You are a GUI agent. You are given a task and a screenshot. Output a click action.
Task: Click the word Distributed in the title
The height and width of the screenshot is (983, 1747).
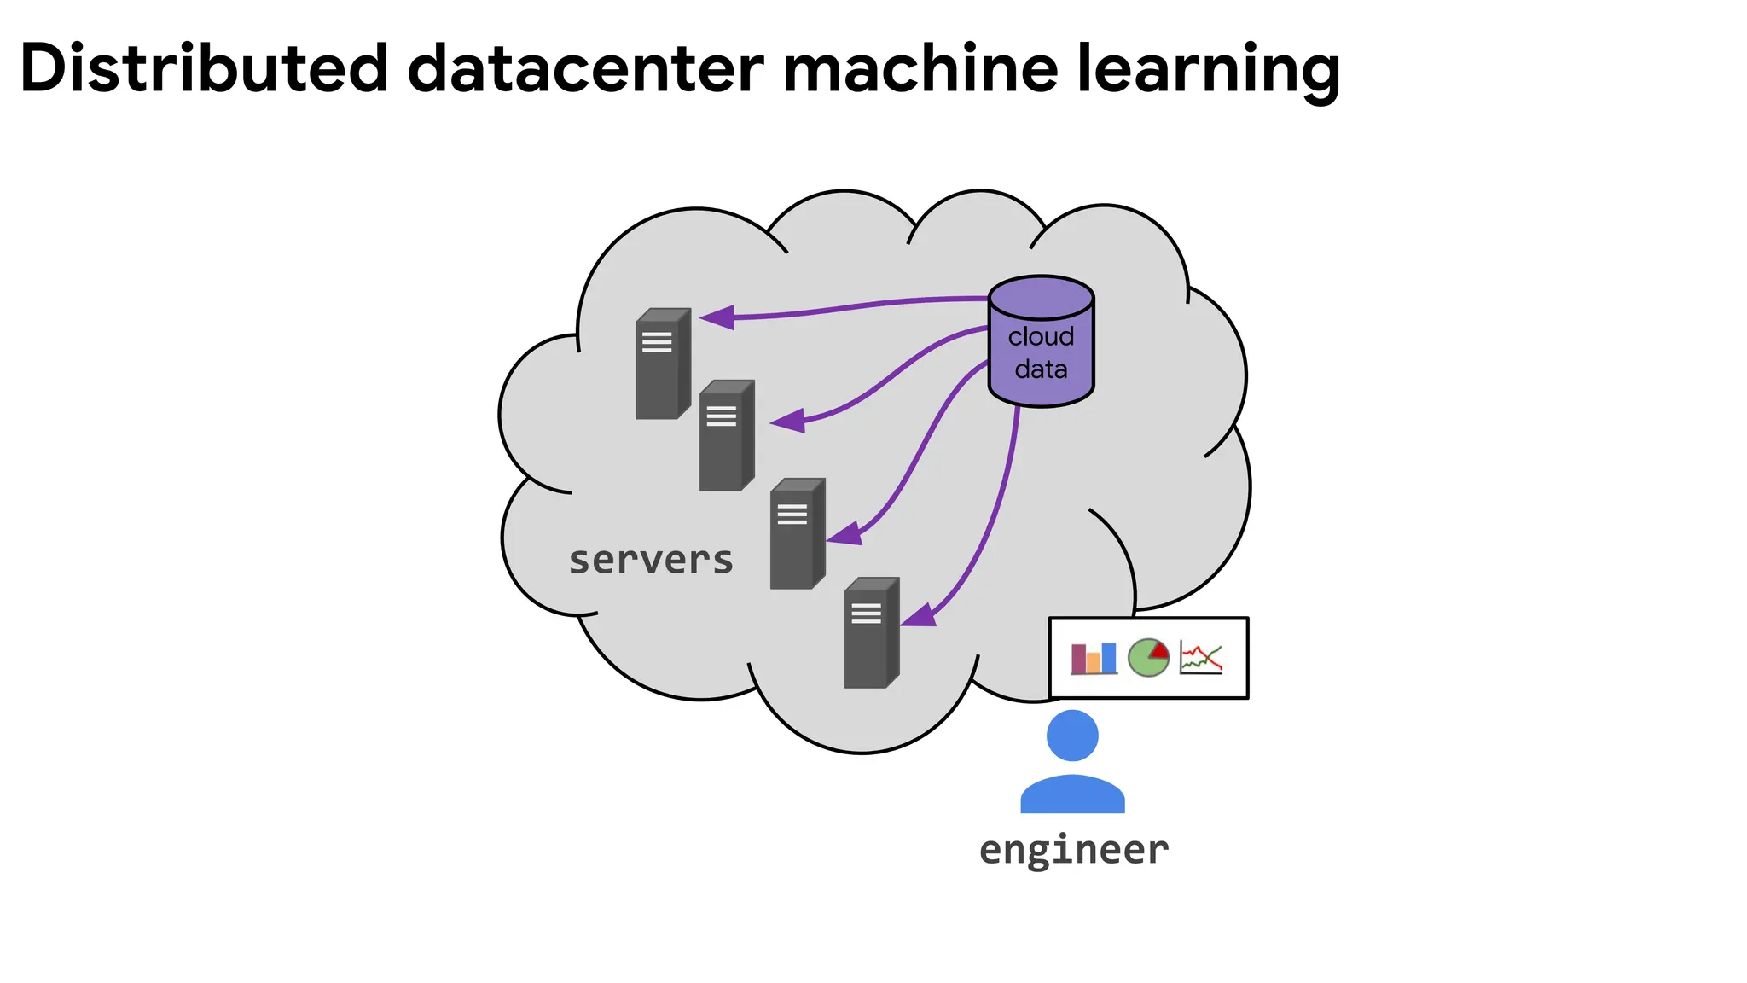203,68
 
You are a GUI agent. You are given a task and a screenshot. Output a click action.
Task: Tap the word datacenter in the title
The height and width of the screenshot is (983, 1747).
585,68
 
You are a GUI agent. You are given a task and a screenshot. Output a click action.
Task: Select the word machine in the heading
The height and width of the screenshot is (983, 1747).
920,68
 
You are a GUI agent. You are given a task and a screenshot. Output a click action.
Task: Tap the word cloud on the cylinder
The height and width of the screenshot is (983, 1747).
1041,336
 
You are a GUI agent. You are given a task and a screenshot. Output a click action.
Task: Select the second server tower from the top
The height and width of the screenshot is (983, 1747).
726,436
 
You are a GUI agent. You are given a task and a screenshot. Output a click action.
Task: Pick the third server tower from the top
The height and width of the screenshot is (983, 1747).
797,534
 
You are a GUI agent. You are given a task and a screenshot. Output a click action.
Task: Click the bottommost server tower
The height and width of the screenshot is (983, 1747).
871,633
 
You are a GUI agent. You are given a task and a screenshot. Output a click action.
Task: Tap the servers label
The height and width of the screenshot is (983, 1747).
651,561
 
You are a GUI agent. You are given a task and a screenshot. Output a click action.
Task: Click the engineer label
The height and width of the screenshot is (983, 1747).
1073,850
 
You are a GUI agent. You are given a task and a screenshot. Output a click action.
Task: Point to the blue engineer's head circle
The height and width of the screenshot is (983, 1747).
1072,736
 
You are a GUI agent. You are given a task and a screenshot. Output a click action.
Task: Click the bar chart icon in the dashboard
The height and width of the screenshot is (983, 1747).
1094,658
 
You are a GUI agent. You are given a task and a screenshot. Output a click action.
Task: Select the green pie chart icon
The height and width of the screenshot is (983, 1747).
1148,658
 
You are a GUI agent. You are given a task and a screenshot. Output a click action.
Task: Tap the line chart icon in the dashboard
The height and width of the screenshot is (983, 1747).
1201,658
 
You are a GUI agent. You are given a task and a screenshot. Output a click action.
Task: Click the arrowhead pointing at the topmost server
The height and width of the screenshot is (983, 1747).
718,317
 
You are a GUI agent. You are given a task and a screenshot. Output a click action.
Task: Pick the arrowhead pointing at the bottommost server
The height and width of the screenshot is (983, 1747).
920,615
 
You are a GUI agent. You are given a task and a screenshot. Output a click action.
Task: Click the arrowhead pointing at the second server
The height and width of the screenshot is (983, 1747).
789,421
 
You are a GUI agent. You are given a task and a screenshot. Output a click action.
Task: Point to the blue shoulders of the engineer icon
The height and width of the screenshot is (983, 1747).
1072,794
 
